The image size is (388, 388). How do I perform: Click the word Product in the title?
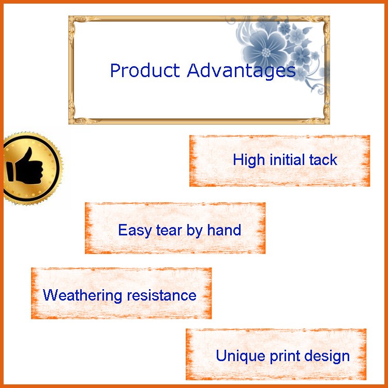click(145, 70)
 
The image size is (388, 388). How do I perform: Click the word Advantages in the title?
click(241, 71)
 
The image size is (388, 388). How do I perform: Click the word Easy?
click(135, 231)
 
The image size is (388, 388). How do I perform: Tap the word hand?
click(224, 230)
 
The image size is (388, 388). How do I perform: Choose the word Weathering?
click(82, 295)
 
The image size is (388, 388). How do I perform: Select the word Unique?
click(241, 356)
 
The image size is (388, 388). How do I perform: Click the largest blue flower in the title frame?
click(265, 50)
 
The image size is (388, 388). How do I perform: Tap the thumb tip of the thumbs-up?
click(30, 148)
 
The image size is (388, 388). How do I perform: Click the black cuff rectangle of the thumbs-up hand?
click(10, 172)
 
